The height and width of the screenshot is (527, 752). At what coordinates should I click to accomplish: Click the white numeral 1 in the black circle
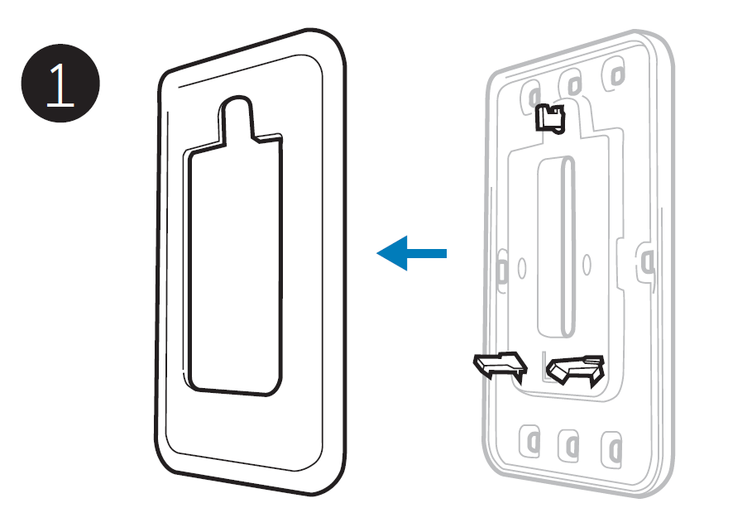point(60,85)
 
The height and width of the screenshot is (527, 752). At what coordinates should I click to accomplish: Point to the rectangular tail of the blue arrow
point(427,253)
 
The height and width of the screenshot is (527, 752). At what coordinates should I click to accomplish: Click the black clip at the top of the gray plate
point(550,118)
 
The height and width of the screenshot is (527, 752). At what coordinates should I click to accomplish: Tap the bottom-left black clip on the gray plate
point(501,366)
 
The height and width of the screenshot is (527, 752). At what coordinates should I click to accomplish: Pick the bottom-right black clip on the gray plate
point(576,370)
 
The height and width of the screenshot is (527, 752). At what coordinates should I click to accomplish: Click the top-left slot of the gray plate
point(530,95)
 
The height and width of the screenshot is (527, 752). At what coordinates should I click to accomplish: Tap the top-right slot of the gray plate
point(615,74)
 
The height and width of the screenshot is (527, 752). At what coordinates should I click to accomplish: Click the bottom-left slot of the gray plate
point(530,441)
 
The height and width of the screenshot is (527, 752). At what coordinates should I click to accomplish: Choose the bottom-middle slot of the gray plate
point(569,446)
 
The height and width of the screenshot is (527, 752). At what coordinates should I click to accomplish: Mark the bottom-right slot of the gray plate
point(612,449)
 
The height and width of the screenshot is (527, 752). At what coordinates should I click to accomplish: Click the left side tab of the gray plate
point(501,270)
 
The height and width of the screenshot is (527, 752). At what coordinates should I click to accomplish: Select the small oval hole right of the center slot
point(586,264)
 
